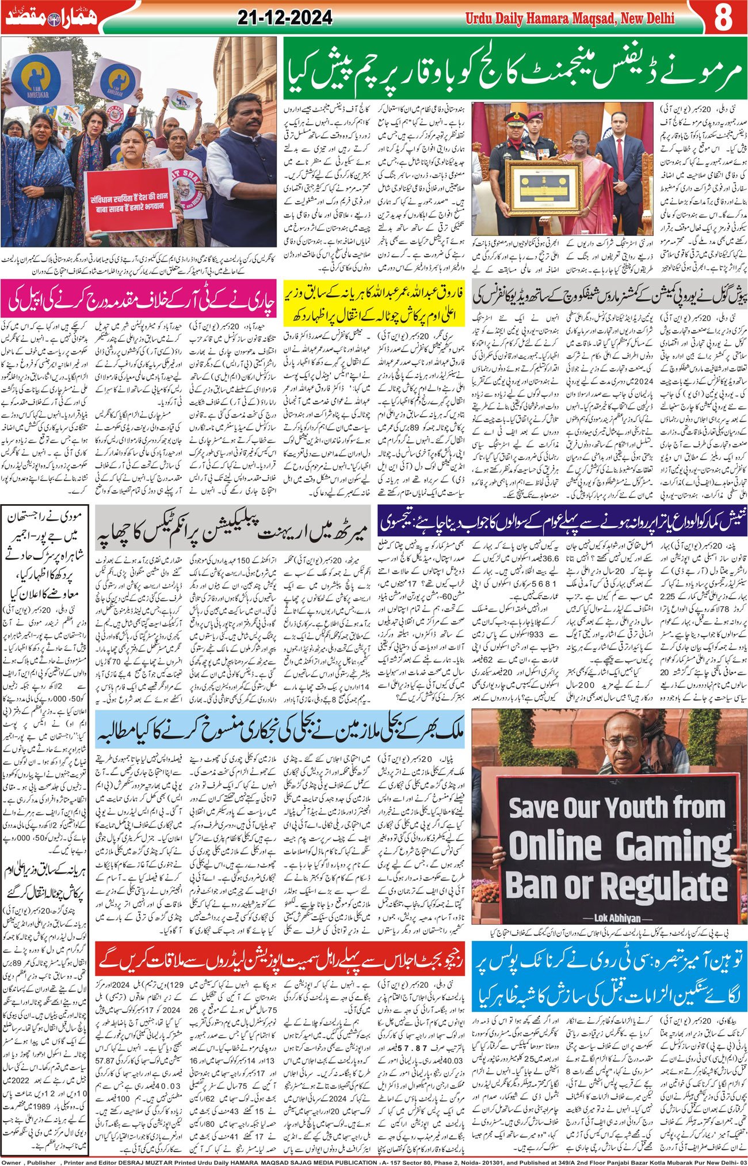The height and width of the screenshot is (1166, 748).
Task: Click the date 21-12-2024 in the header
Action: coord(285,18)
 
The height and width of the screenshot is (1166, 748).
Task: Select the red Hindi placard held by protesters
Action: coord(131,198)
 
